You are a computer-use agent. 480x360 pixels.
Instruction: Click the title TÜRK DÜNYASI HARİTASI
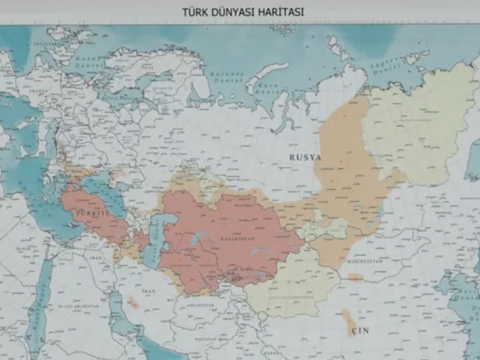click(x=242, y=12)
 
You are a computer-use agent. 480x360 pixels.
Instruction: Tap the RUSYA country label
click(x=305, y=157)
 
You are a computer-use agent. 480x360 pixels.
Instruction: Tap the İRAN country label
click(x=150, y=291)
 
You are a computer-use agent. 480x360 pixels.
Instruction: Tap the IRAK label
click(x=95, y=257)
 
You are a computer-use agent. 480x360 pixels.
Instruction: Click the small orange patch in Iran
click(x=133, y=302)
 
